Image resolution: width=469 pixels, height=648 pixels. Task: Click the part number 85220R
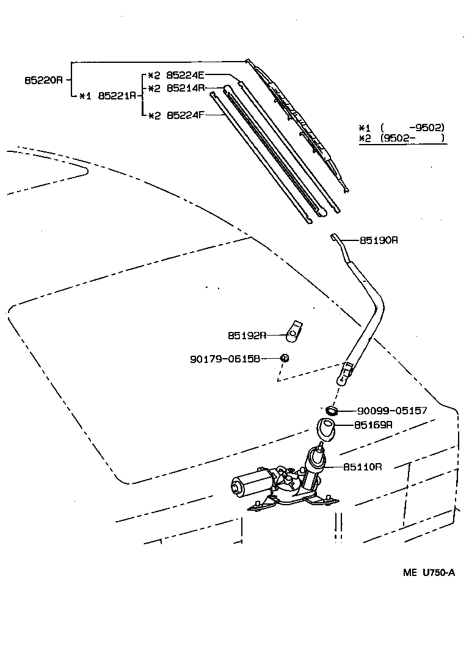tap(43, 80)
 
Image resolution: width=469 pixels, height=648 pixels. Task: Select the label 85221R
tap(117, 96)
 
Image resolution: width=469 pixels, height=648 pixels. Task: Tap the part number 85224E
tap(185, 75)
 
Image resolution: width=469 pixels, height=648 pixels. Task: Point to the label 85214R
tap(186, 88)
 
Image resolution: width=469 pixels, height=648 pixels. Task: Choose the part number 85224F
tap(186, 115)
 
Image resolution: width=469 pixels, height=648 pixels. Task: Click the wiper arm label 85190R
tap(379, 240)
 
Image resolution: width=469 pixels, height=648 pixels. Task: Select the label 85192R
tap(247, 335)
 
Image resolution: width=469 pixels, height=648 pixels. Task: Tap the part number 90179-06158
tap(225, 359)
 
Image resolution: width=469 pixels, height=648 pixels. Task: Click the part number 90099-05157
tap(392, 411)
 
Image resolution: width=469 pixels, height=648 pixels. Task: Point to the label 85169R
tap(374, 425)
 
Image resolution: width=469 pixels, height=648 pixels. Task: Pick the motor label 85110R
tap(363, 467)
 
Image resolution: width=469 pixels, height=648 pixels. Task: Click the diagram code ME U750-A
tap(429, 572)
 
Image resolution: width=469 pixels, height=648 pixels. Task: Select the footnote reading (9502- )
tap(413, 138)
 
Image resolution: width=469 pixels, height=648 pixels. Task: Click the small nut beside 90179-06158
tap(285, 358)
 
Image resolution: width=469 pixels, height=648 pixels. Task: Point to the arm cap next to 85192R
tap(294, 331)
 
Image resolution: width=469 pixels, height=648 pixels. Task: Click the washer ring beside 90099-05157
tap(332, 411)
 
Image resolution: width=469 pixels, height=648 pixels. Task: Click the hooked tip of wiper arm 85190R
tap(335, 236)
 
